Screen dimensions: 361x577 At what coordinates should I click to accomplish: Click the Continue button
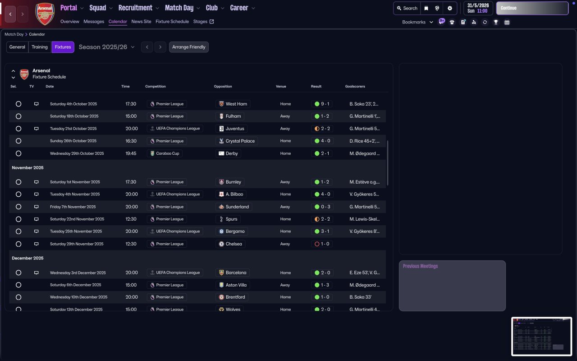[532, 8]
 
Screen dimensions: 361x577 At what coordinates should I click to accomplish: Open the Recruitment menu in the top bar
[138, 8]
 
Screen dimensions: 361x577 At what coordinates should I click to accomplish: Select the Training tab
[40, 47]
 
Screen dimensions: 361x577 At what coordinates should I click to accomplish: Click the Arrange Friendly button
[188, 47]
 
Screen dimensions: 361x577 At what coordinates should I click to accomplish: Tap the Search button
[407, 8]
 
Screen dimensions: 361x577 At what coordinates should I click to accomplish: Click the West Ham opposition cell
[233, 104]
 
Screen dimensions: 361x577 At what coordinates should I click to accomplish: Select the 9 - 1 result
[322, 104]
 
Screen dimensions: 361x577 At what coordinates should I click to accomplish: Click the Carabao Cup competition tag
[165, 153]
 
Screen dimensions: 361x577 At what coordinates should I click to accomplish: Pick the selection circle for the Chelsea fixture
[18, 244]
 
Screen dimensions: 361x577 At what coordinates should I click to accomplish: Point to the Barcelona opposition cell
[233, 273]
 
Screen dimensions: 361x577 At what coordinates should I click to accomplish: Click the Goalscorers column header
[355, 87]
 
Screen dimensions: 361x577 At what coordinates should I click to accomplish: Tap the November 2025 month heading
[27, 168]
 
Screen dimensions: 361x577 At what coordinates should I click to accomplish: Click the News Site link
[141, 21]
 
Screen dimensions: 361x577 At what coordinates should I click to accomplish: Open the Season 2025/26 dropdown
[107, 47]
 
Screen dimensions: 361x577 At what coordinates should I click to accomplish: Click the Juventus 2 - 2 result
[322, 129]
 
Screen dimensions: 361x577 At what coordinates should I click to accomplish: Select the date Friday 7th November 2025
[73, 207]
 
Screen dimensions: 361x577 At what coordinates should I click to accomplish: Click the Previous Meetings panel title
[420, 266]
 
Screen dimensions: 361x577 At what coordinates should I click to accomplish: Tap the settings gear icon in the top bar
[450, 8]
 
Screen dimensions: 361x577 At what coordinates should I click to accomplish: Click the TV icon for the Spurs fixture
[37, 219]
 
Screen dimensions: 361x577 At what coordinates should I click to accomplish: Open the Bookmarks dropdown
[417, 22]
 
